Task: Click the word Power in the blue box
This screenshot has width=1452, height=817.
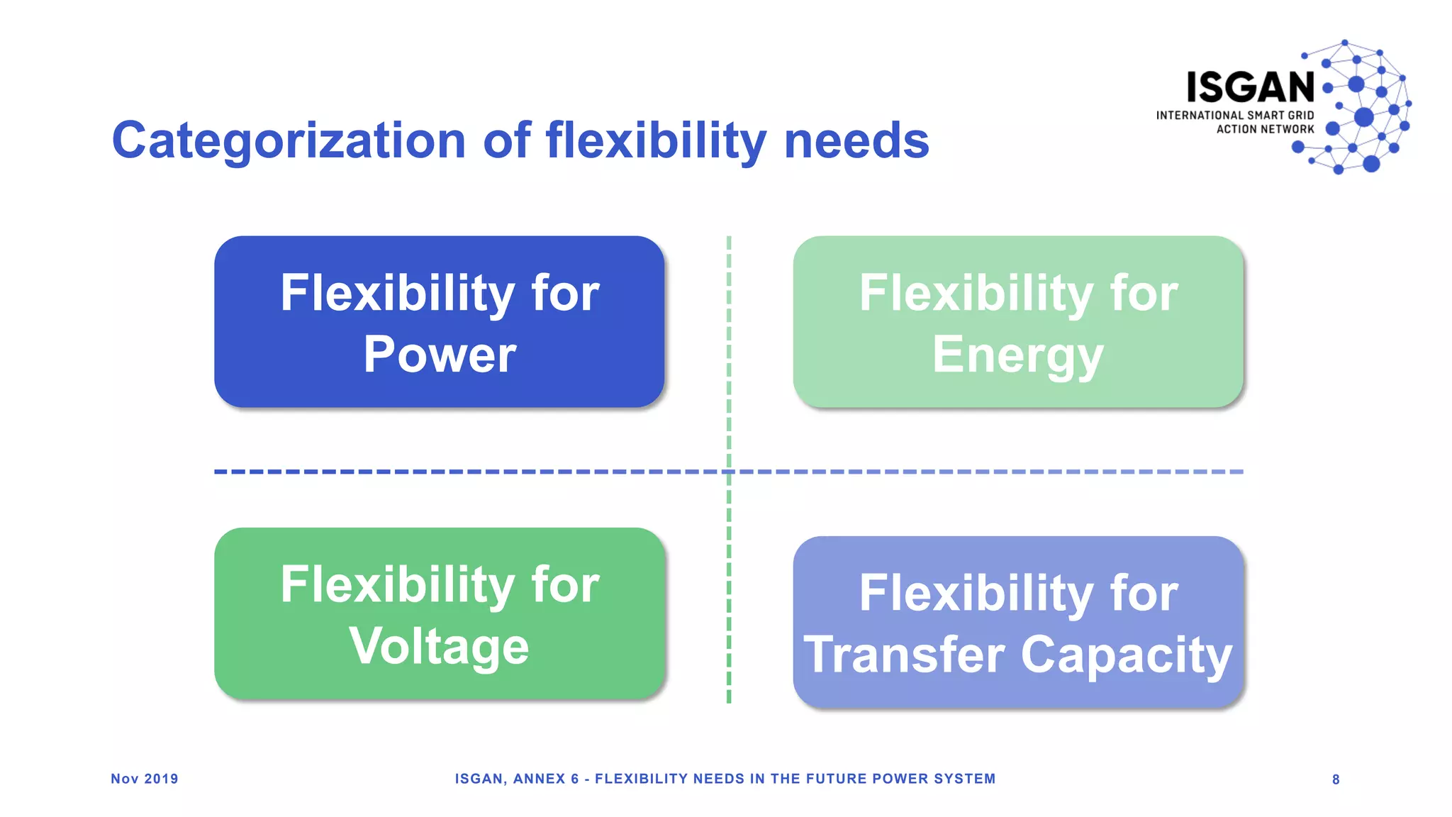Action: (x=440, y=354)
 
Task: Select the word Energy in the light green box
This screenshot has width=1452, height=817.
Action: (x=1017, y=354)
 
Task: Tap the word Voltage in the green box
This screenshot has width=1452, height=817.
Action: (x=440, y=646)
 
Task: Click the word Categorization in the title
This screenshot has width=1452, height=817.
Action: (x=289, y=140)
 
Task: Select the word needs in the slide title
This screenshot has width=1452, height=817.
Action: (x=856, y=140)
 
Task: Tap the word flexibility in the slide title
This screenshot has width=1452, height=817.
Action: (x=656, y=140)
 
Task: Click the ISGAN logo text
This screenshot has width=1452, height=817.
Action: (x=1250, y=87)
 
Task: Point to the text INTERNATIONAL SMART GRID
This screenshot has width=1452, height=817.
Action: (x=1234, y=115)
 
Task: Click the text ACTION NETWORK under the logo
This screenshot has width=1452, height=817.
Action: (x=1265, y=129)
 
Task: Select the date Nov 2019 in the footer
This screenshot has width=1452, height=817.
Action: (x=145, y=779)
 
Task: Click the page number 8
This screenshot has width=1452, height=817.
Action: (x=1336, y=779)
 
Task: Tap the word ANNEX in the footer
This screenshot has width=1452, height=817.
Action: (x=539, y=779)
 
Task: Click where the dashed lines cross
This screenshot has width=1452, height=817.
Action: (x=729, y=472)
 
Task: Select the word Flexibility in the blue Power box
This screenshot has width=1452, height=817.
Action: (x=397, y=293)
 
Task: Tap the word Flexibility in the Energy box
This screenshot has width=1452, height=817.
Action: (x=976, y=293)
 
